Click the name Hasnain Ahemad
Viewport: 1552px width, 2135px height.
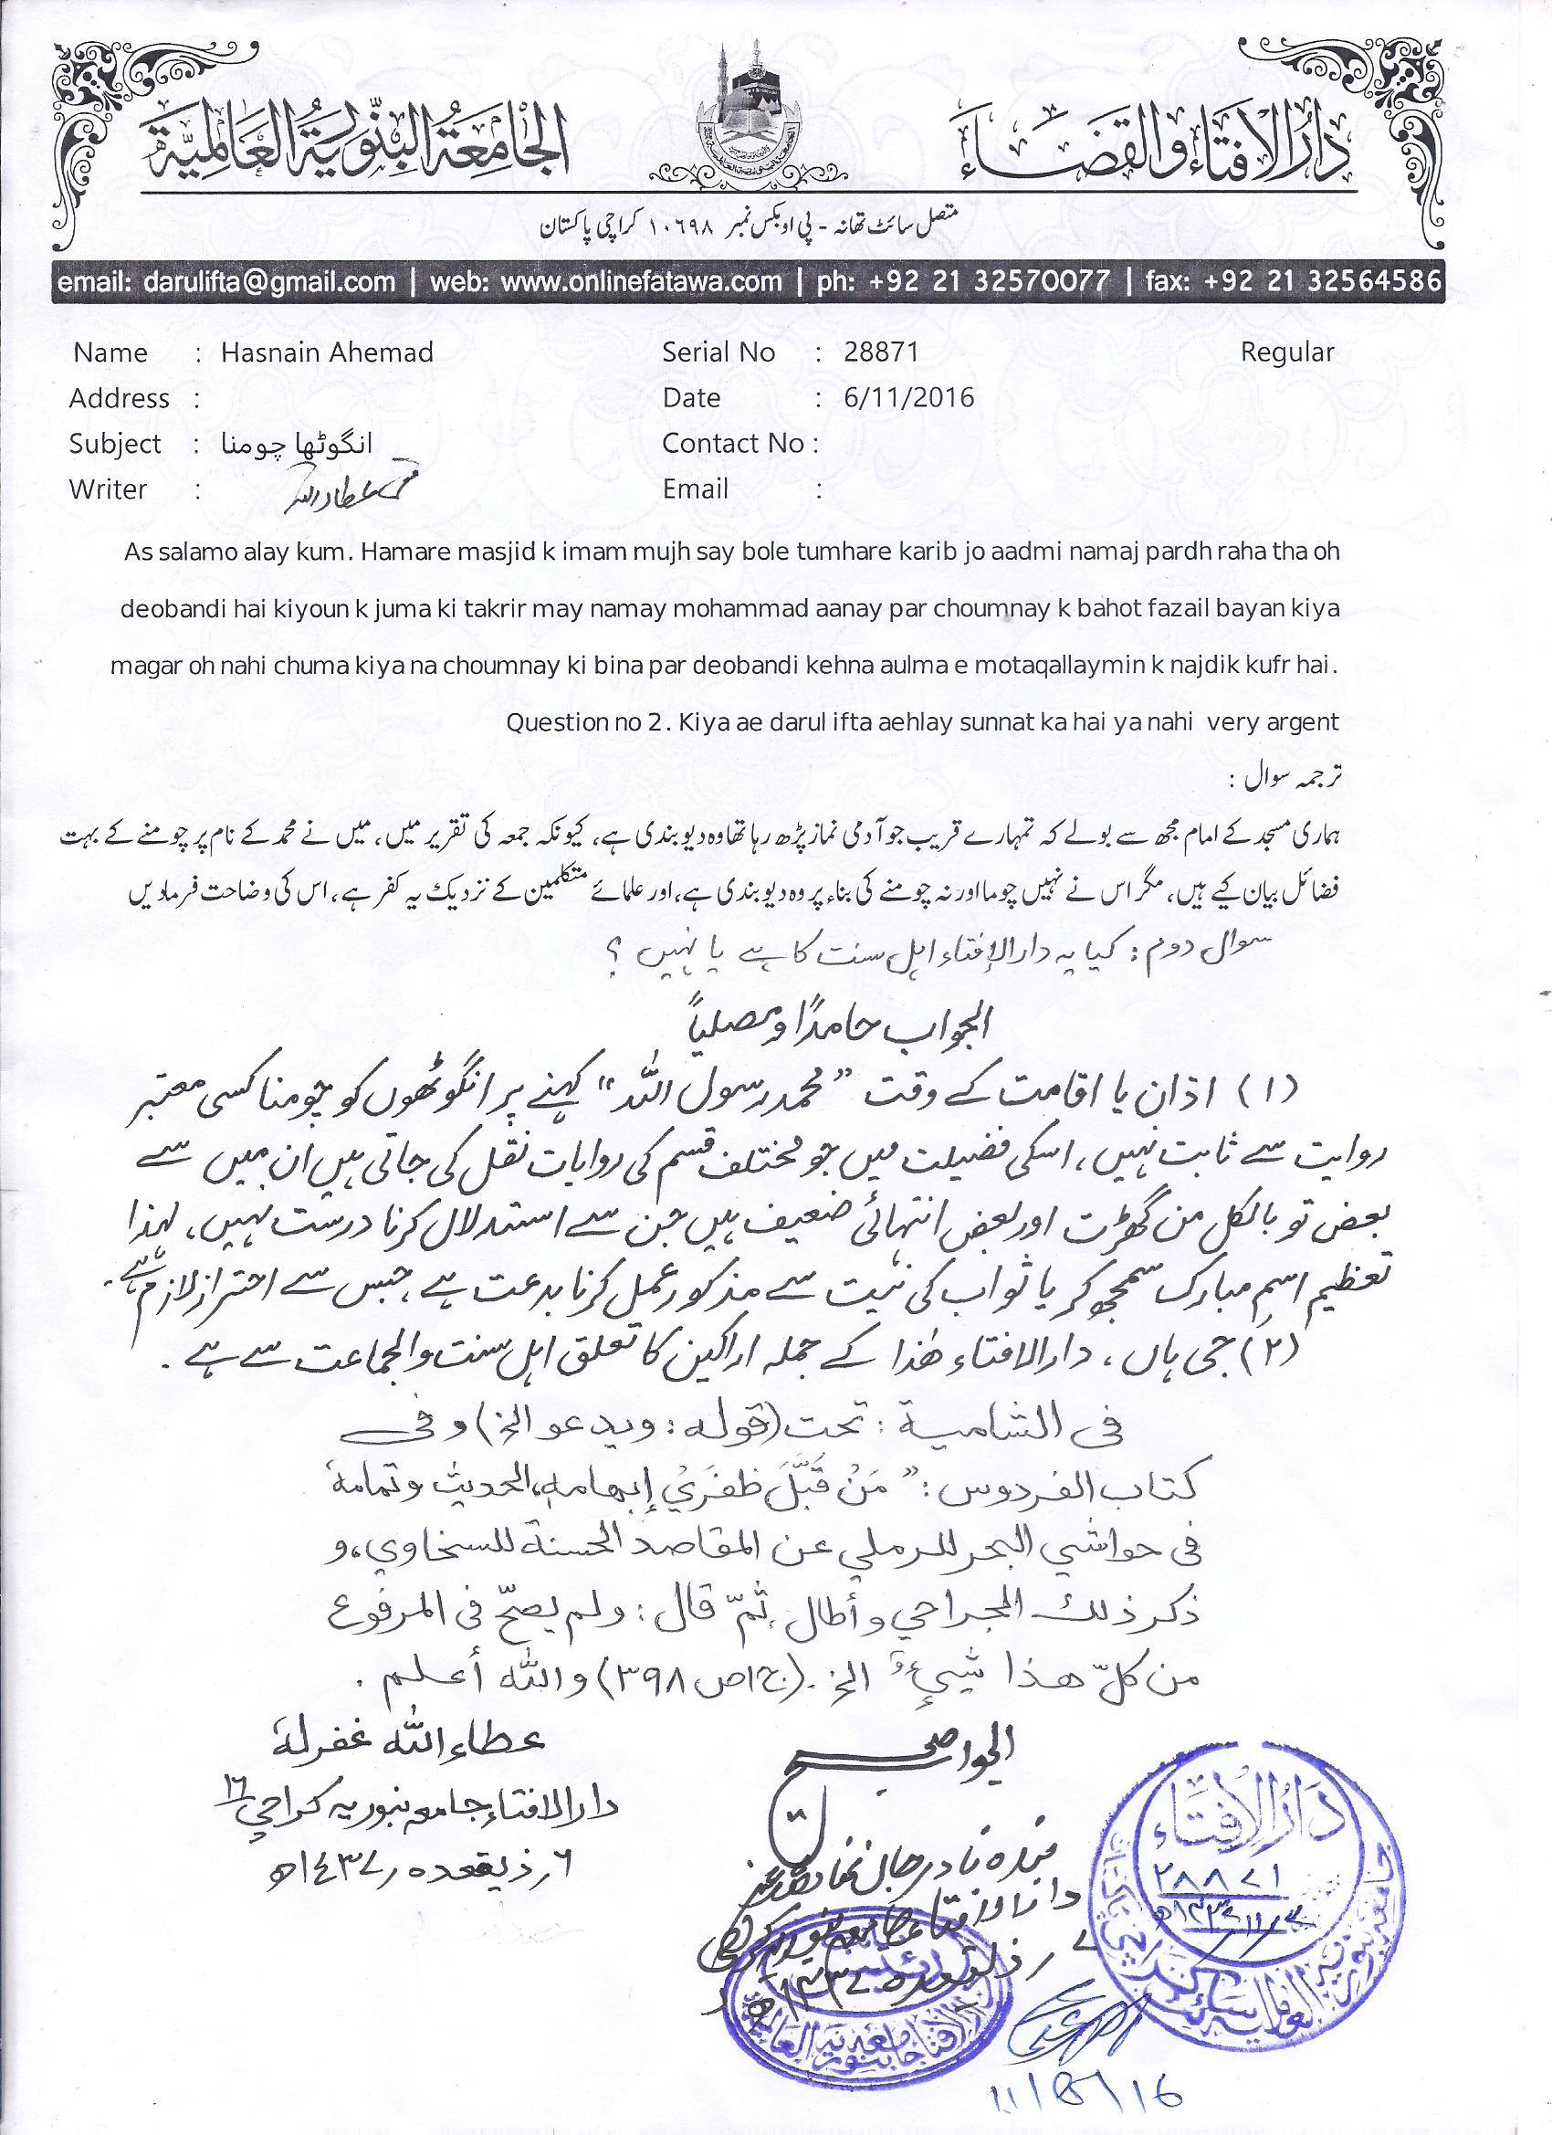pos(327,353)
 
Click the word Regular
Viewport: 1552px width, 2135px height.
pos(1286,353)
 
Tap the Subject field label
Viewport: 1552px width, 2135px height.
pos(115,445)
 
